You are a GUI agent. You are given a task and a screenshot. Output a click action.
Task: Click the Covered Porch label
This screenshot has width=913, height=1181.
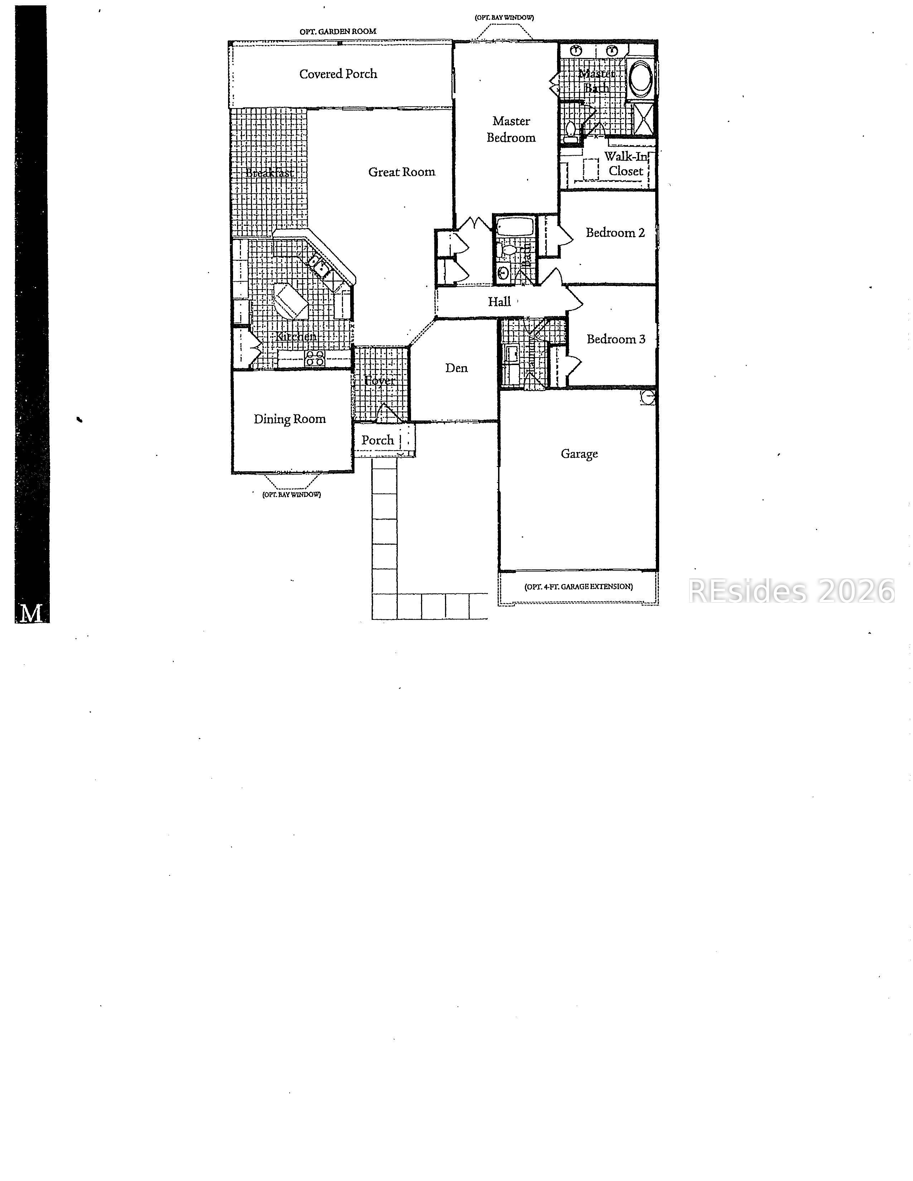coord(338,74)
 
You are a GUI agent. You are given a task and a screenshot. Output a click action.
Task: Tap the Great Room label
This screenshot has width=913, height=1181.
coord(401,172)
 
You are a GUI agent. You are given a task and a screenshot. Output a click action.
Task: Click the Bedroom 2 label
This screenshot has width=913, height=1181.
coord(615,233)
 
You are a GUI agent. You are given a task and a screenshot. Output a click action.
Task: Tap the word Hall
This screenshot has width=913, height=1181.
coord(499,302)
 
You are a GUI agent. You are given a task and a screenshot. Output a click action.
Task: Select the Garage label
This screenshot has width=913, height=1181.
coord(579,454)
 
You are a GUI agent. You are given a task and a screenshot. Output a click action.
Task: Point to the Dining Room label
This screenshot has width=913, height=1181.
coord(289,419)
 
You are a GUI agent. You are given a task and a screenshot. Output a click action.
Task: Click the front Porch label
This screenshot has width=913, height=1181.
coord(377,440)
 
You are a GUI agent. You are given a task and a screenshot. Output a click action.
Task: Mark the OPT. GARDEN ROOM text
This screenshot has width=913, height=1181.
coord(338,32)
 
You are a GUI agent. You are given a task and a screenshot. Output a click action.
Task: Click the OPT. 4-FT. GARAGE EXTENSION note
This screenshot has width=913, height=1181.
coord(578,587)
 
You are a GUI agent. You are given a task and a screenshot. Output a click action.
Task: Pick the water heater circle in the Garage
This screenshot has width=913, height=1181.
coord(648,398)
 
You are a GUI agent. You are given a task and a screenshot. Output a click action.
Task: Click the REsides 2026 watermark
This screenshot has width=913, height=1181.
coord(791,591)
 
